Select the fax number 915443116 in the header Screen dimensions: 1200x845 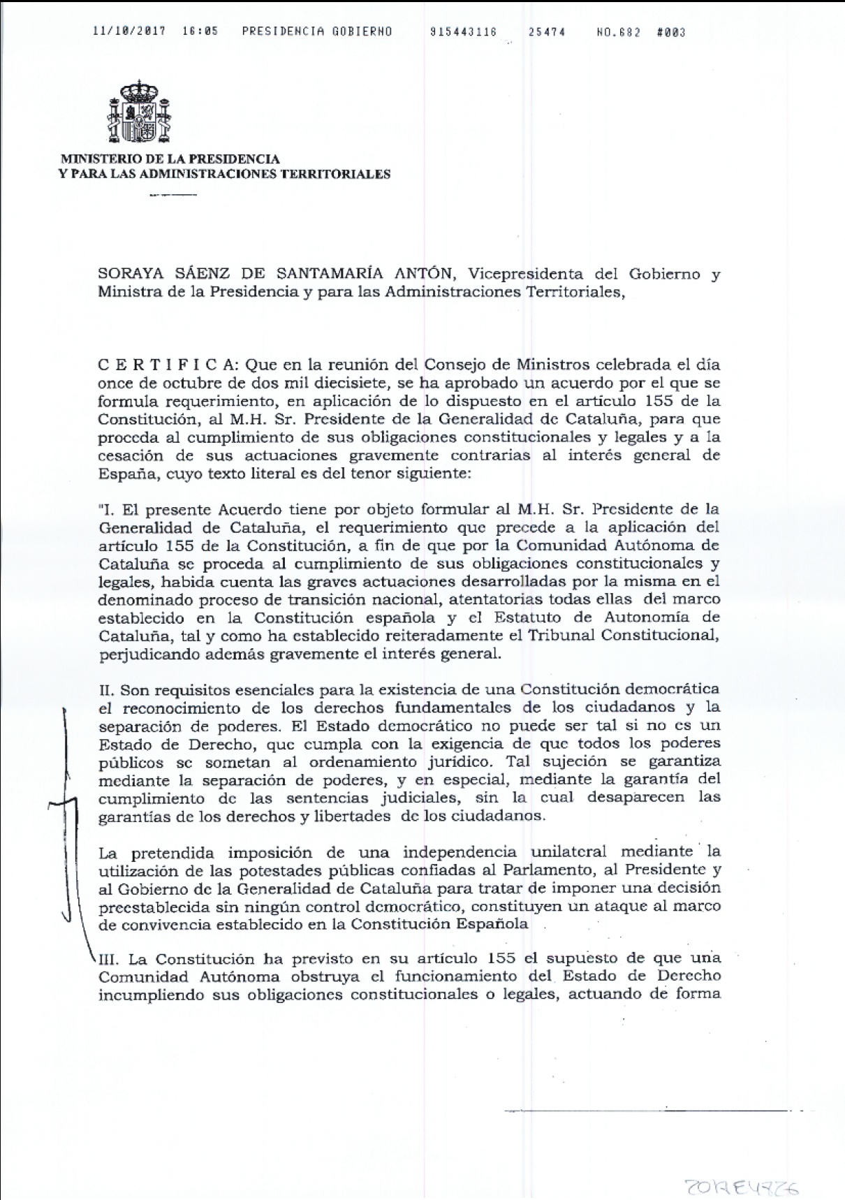point(464,31)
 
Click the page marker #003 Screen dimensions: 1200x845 point(671,31)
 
